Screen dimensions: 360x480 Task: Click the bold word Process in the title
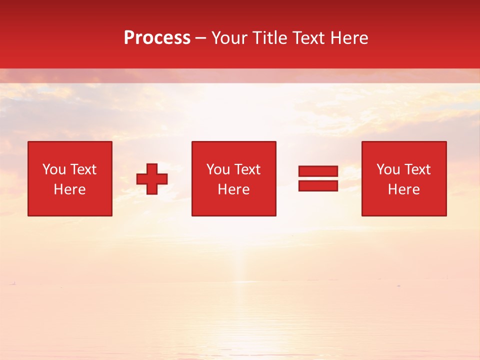pyautogui.click(x=157, y=38)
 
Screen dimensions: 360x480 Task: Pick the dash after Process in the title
pyautogui.click(x=200, y=38)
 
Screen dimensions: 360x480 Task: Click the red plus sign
pyautogui.click(x=152, y=179)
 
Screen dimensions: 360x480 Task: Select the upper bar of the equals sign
pyautogui.click(x=318, y=171)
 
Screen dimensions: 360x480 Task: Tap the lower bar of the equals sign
pyautogui.click(x=318, y=186)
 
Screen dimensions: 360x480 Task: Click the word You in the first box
pyautogui.click(x=54, y=169)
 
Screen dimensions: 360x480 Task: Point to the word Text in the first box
pyautogui.click(x=83, y=169)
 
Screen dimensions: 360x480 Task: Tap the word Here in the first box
pyautogui.click(x=70, y=189)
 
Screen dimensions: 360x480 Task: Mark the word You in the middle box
pyautogui.click(x=218, y=169)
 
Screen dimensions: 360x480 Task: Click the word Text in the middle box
pyautogui.click(x=247, y=169)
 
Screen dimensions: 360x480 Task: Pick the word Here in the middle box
pyautogui.click(x=234, y=189)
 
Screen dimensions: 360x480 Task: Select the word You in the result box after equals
pyautogui.click(x=388, y=169)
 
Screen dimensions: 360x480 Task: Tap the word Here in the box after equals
pyautogui.click(x=404, y=189)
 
